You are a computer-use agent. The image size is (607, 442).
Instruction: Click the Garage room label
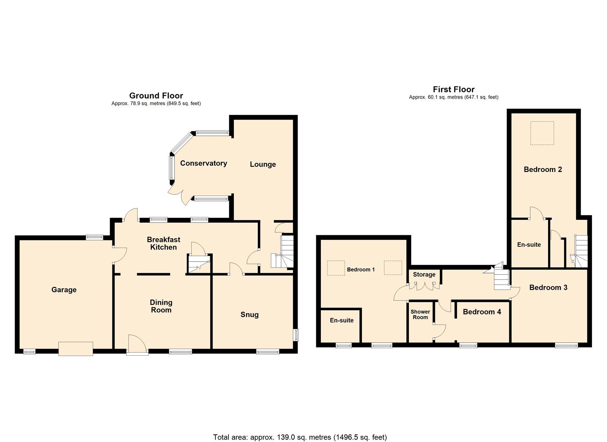[x=64, y=290]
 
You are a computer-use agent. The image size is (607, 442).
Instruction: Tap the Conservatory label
[x=204, y=163]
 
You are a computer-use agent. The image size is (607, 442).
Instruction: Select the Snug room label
[x=249, y=315]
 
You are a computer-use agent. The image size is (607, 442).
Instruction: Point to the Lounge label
[x=263, y=165]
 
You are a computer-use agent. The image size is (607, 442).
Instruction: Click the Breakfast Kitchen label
[x=164, y=244]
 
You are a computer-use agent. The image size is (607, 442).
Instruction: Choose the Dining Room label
[x=161, y=306]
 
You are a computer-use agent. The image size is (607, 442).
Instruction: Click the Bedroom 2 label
[x=543, y=169]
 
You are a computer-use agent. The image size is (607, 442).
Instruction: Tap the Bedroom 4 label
[x=482, y=312]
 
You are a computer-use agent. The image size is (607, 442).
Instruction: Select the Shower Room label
[x=420, y=314]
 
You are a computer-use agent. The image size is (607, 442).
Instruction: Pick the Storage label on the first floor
[x=424, y=275]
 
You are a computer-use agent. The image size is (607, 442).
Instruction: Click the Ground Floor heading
[x=156, y=96]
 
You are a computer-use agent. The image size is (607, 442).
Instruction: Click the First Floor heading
[x=454, y=90]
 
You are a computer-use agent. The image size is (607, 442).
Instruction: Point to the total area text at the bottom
[x=300, y=437]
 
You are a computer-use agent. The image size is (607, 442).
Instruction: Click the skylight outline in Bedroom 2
[x=542, y=133]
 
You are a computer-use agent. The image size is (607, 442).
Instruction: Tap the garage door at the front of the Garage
[x=76, y=349]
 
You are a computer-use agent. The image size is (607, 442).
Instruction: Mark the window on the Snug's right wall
[x=296, y=334]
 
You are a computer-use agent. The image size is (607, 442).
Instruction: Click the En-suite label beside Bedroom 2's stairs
[x=529, y=245]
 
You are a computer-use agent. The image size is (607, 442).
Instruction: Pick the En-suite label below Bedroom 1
[x=342, y=320]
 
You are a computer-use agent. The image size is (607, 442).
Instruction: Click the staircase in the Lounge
[x=283, y=252]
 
